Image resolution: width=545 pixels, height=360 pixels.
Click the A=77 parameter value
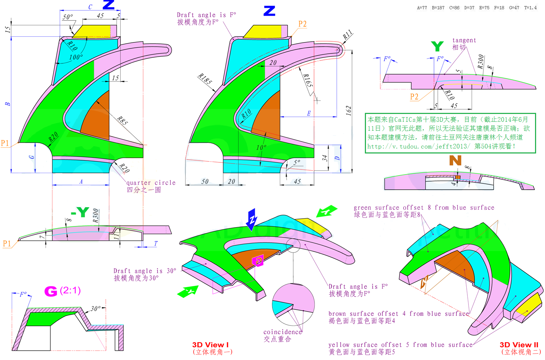[x=422, y=8]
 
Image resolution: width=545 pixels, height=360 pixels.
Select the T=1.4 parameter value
[x=530, y=8]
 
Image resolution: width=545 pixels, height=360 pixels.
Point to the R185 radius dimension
[x=205, y=79]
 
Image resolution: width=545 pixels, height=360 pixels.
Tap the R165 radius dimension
[x=308, y=80]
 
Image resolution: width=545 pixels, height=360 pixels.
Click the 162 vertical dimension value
[x=349, y=111]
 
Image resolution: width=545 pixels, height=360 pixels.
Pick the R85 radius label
[x=122, y=120]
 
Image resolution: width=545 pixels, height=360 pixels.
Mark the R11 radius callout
[x=347, y=35]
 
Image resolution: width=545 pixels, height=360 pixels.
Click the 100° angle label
[x=76, y=57]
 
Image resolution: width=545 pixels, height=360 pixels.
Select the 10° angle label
[x=261, y=147]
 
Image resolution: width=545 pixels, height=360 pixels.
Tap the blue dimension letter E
[x=309, y=114]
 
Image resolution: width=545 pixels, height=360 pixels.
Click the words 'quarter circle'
[x=151, y=183]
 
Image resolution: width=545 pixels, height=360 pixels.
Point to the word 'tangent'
[x=464, y=40]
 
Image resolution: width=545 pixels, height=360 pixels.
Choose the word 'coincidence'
[x=283, y=332]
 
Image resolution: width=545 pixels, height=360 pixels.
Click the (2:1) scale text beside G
[x=70, y=290]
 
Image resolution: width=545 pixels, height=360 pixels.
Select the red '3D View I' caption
[x=210, y=345]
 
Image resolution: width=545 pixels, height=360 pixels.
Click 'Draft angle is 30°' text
[x=145, y=271]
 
